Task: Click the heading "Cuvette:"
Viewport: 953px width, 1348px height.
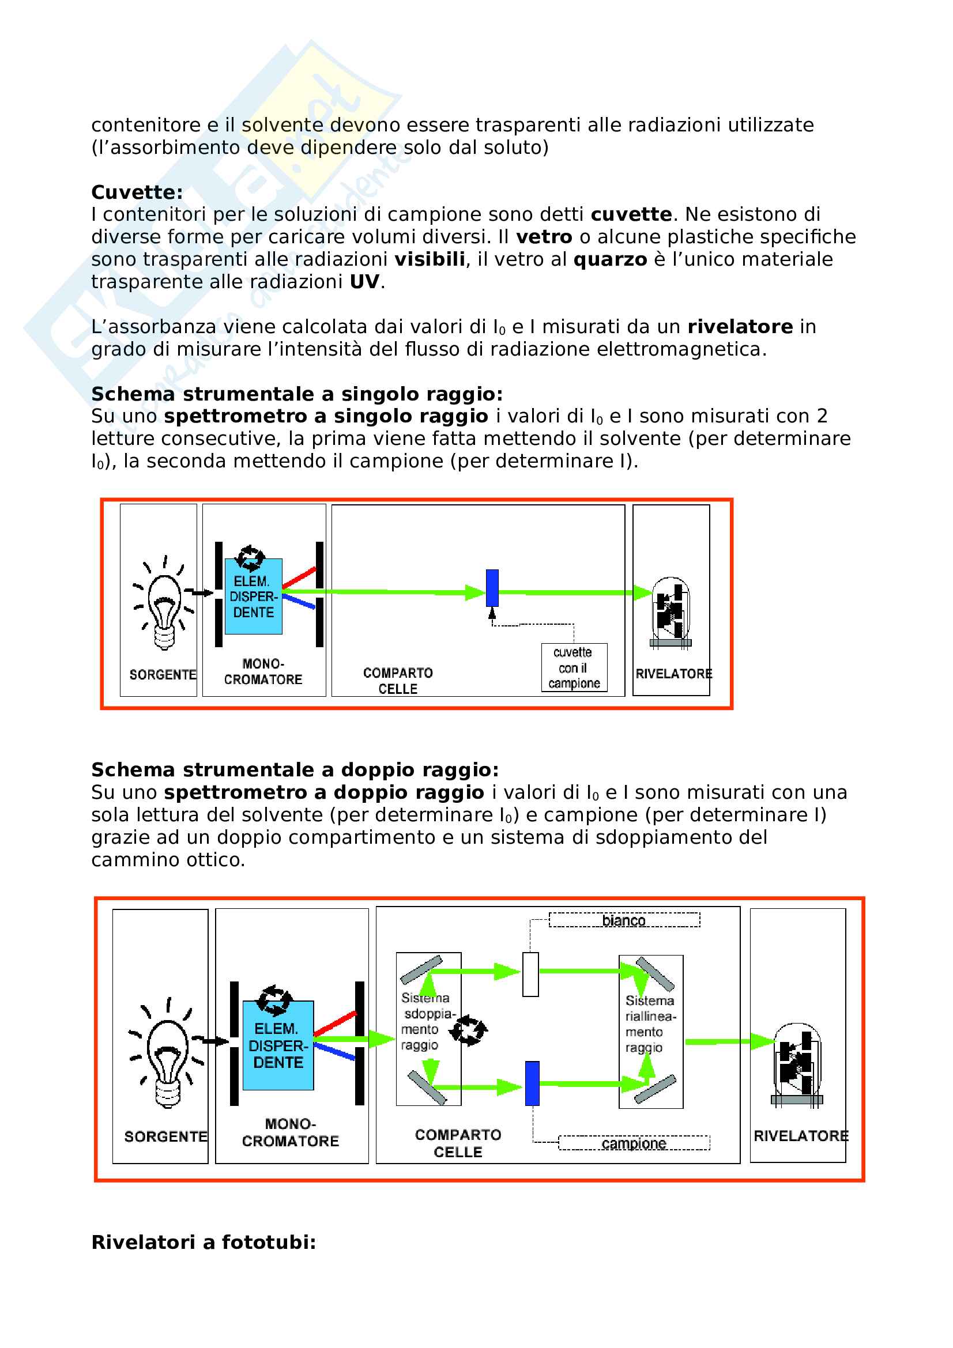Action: [137, 192]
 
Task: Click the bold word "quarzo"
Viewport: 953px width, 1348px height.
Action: [609, 259]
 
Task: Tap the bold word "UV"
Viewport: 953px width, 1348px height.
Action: [364, 282]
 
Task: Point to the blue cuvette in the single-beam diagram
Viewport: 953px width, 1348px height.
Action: [492, 588]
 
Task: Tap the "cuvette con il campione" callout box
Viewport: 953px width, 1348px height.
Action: [574, 667]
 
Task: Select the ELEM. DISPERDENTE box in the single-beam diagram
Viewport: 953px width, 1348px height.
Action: [253, 596]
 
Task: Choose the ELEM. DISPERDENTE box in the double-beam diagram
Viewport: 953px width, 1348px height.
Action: [278, 1045]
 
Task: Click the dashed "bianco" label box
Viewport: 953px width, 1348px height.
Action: [624, 920]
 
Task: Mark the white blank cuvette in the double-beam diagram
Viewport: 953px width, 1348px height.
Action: [530, 975]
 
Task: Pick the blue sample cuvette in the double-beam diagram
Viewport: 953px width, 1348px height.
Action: [532, 1083]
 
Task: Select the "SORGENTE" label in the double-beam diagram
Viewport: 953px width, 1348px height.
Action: [165, 1136]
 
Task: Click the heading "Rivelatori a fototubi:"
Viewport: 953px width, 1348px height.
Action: [204, 1243]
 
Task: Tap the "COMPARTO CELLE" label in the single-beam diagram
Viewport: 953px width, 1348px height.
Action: [398, 681]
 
